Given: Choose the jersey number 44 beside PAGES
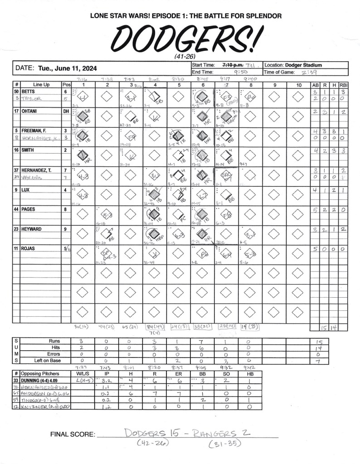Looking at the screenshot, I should tap(16, 210).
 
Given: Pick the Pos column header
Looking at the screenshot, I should tap(66, 85).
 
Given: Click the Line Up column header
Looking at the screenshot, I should tap(41, 85).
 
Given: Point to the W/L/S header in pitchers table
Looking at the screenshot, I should tap(83, 373).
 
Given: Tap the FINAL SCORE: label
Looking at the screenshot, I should tap(73, 435).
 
